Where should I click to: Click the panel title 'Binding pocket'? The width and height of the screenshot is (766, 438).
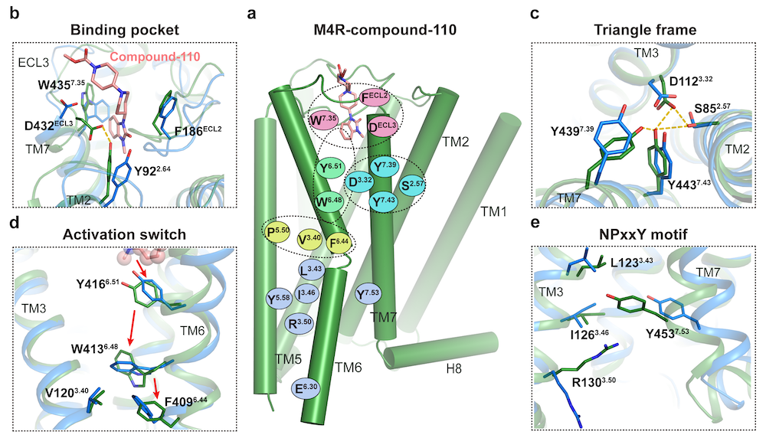coord(125,30)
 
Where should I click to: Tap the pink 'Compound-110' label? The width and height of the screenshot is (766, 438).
coord(155,57)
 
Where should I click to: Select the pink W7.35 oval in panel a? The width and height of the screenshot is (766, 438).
coord(323,120)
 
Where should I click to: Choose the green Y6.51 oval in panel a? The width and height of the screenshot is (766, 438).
coord(330,168)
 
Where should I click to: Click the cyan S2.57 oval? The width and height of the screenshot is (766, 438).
coord(411,186)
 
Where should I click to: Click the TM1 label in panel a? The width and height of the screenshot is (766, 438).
coord(493,211)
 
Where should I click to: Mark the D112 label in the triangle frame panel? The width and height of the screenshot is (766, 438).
coord(691,80)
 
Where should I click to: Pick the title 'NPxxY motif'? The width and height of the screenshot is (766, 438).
coord(645,235)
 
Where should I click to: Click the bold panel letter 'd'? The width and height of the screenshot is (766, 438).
coord(15,223)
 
